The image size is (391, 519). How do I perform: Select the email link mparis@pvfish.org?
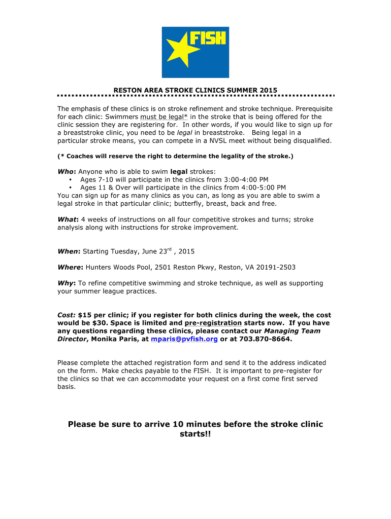click(x=185, y=339)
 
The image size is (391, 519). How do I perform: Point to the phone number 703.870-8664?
click(x=265, y=339)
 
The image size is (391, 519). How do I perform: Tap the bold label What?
click(x=68, y=219)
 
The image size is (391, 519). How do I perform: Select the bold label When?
click(x=69, y=251)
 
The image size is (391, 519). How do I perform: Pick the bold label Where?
click(x=70, y=267)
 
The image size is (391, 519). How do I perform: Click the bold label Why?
click(x=66, y=283)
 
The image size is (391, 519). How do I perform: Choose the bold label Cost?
click(x=67, y=315)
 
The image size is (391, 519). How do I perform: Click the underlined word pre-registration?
click(x=213, y=323)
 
